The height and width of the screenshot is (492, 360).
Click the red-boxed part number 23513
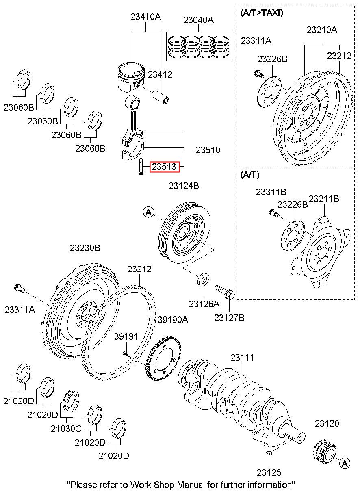(164, 166)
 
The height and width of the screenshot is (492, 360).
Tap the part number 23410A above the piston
(145, 17)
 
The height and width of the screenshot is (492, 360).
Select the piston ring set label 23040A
(198, 20)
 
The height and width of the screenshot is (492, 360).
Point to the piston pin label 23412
(160, 75)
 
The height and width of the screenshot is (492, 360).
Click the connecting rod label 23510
(208, 150)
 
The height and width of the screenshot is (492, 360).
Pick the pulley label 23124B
(184, 186)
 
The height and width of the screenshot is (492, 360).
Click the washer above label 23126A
(204, 280)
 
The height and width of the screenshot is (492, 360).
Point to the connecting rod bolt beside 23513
(140, 167)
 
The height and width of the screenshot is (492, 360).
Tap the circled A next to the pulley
(149, 212)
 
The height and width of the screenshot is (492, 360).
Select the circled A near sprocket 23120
(345, 463)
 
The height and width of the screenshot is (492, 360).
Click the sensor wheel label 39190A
(173, 320)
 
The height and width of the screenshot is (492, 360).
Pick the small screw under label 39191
(126, 354)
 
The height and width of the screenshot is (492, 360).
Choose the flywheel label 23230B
(85, 248)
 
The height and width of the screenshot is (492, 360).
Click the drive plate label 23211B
(324, 199)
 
